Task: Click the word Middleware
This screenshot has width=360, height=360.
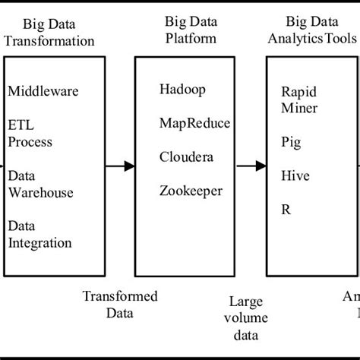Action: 43,92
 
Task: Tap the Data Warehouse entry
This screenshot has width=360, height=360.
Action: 40,184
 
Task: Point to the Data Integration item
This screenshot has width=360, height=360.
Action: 39,235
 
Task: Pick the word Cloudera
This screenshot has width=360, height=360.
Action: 185,156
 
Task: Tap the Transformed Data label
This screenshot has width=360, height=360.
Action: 120,303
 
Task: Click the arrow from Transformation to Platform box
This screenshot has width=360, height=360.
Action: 120,166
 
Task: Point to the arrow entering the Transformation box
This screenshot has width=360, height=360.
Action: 2,166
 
